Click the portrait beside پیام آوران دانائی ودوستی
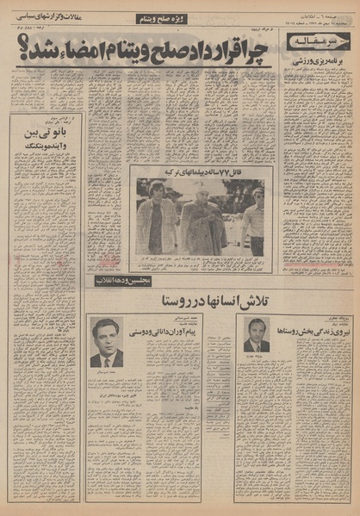point(106,341)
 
